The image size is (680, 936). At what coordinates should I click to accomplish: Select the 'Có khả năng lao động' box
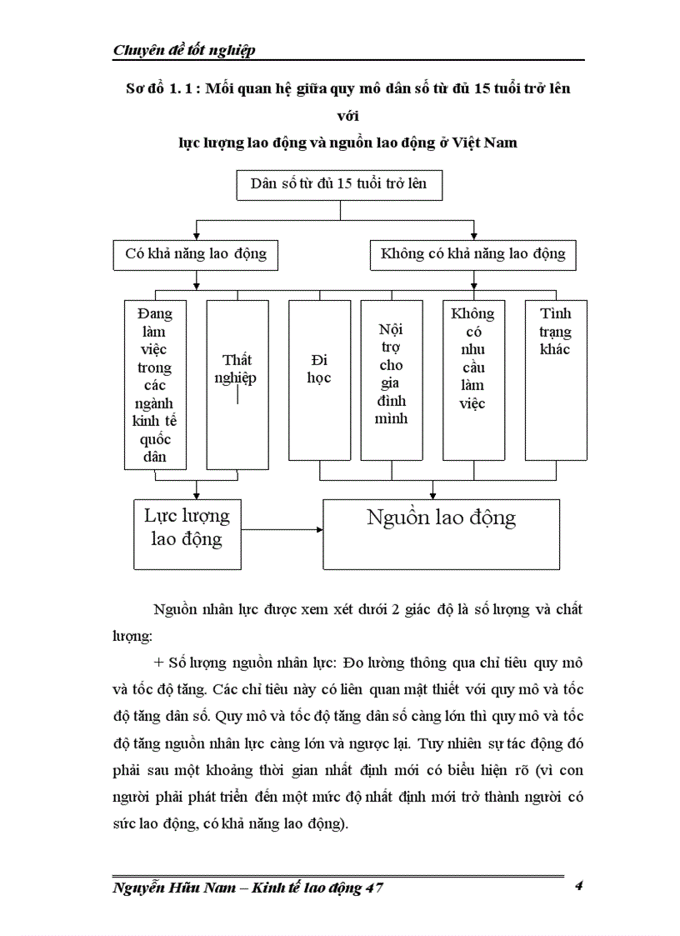coord(196,254)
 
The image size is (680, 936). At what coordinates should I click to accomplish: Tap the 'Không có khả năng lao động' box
coord(473,254)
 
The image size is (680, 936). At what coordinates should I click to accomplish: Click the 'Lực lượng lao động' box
coord(187,534)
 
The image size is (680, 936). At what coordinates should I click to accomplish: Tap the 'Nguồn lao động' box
coord(441,534)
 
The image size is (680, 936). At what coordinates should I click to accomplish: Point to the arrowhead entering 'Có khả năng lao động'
coord(196,236)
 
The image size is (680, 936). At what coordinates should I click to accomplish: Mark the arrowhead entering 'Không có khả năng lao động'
coord(473,236)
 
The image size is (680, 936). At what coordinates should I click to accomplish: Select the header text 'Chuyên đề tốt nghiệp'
coord(184,50)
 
